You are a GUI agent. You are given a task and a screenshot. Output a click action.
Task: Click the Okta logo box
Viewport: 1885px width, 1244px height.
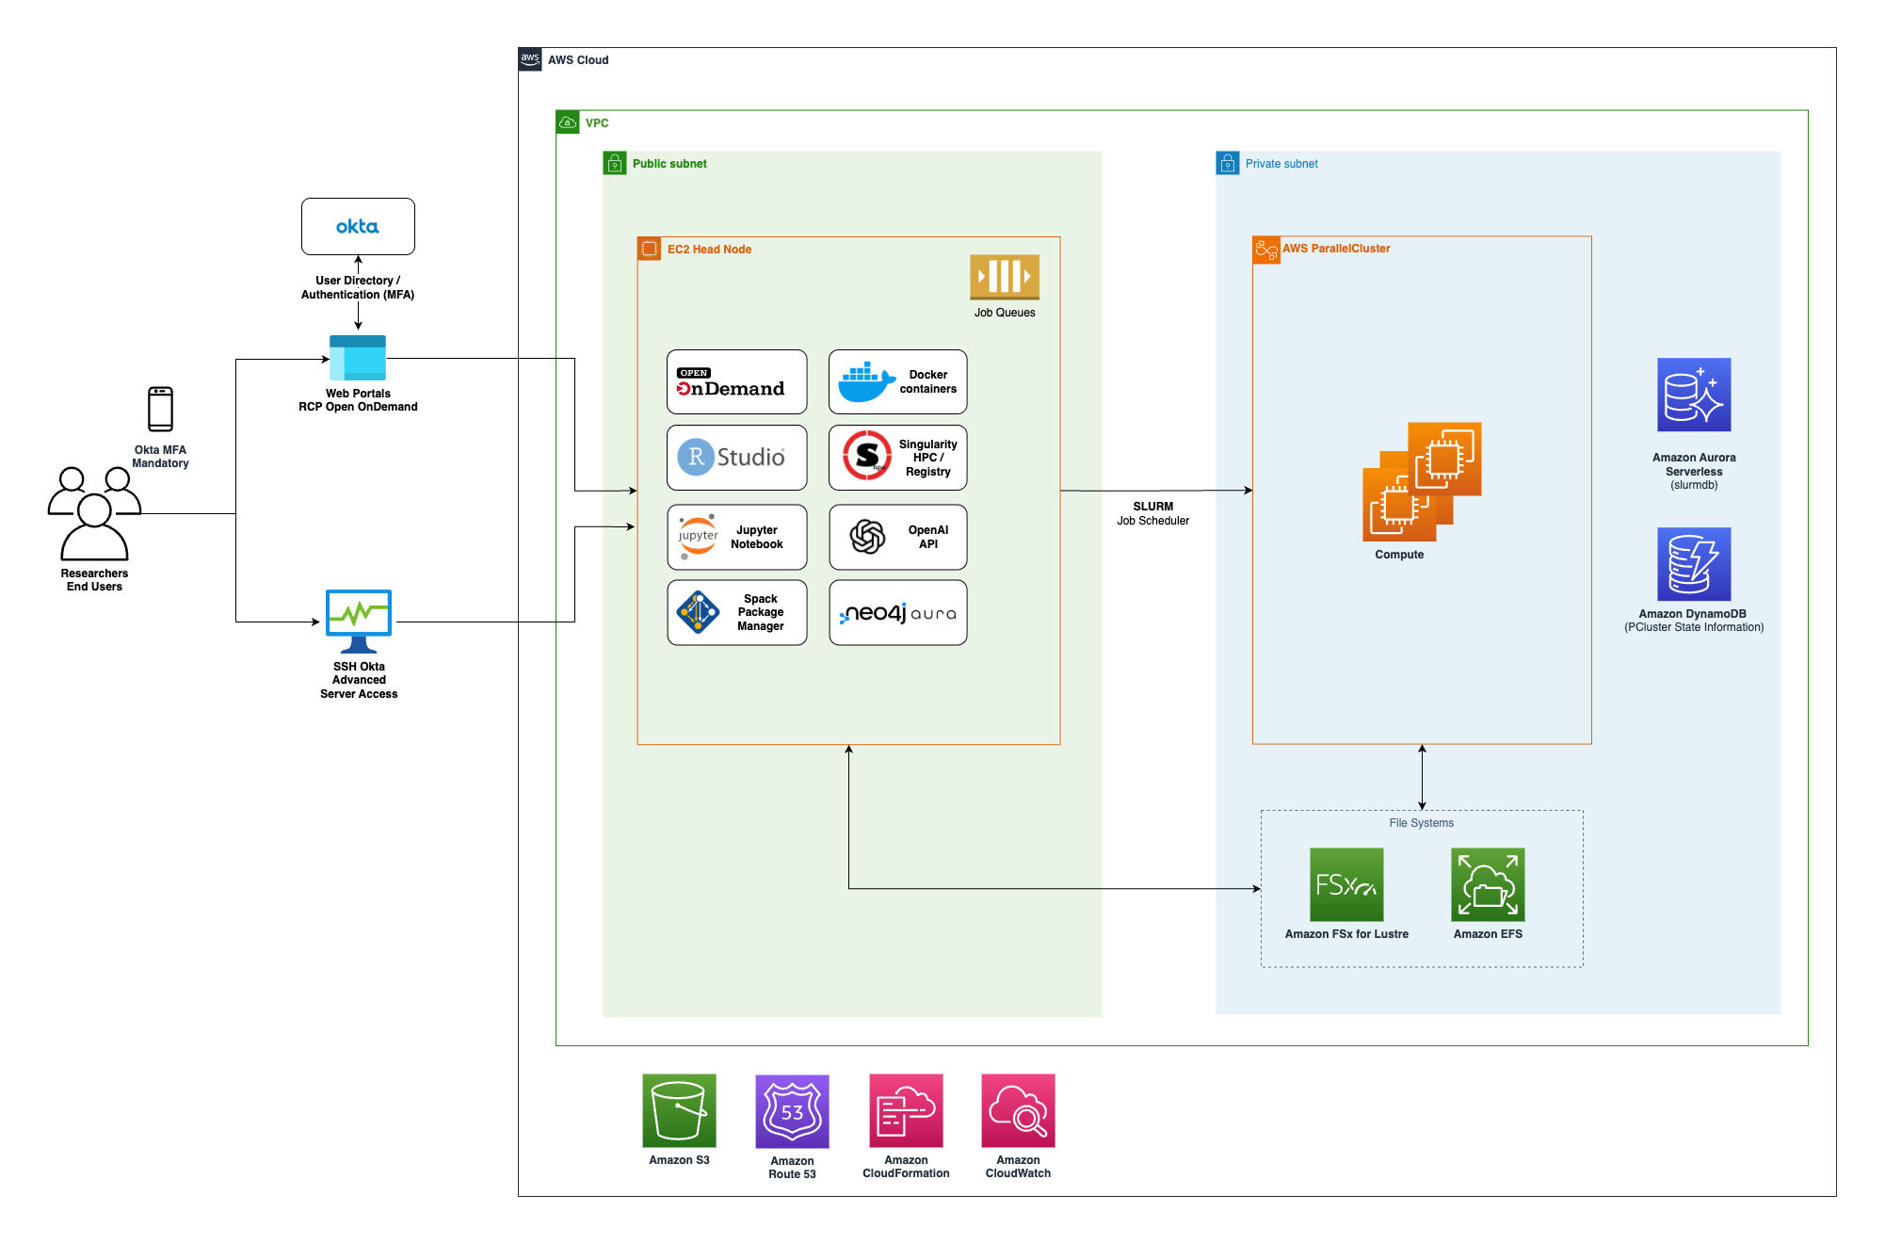[x=358, y=226]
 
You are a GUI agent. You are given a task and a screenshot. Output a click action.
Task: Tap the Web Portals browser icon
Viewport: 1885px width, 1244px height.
[x=358, y=358]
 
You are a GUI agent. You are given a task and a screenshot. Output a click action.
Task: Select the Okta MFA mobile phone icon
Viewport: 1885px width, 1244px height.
[x=161, y=409]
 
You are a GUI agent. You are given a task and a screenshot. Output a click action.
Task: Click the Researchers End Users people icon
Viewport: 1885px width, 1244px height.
[x=94, y=513]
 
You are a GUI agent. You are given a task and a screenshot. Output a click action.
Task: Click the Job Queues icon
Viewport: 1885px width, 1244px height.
[x=1005, y=277]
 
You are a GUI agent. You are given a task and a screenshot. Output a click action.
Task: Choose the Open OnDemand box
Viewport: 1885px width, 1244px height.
[x=736, y=381]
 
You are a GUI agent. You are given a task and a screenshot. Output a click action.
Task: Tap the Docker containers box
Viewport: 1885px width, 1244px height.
[x=897, y=381]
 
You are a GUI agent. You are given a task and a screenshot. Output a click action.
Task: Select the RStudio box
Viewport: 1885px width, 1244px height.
[x=736, y=458]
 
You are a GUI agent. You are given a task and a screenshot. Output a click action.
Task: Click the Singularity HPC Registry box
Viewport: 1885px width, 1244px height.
[x=897, y=458]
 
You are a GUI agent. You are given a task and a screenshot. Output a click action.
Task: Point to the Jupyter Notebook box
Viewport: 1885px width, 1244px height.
[x=736, y=537]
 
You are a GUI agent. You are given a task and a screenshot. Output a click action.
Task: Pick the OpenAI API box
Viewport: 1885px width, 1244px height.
[x=897, y=537]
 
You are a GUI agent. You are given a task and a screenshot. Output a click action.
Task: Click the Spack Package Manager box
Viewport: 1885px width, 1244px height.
[x=736, y=612]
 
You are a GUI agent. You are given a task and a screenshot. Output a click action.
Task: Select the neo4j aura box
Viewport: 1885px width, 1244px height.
[x=897, y=612]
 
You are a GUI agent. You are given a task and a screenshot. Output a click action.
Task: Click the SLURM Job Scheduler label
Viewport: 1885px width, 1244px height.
[x=1152, y=513]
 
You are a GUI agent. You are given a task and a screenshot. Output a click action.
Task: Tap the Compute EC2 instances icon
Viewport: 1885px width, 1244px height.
[x=1422, y=481]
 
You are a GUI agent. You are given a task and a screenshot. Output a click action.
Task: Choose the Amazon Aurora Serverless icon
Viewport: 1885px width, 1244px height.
[x=1694, y=395]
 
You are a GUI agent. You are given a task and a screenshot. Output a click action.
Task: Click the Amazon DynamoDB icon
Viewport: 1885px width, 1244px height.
[x=1694, y=564]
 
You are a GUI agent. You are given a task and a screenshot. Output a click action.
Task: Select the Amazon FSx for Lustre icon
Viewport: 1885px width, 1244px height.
[x=1346, y=884]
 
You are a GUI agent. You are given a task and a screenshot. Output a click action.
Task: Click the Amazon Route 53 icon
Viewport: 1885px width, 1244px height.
[x=792, y=1111]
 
